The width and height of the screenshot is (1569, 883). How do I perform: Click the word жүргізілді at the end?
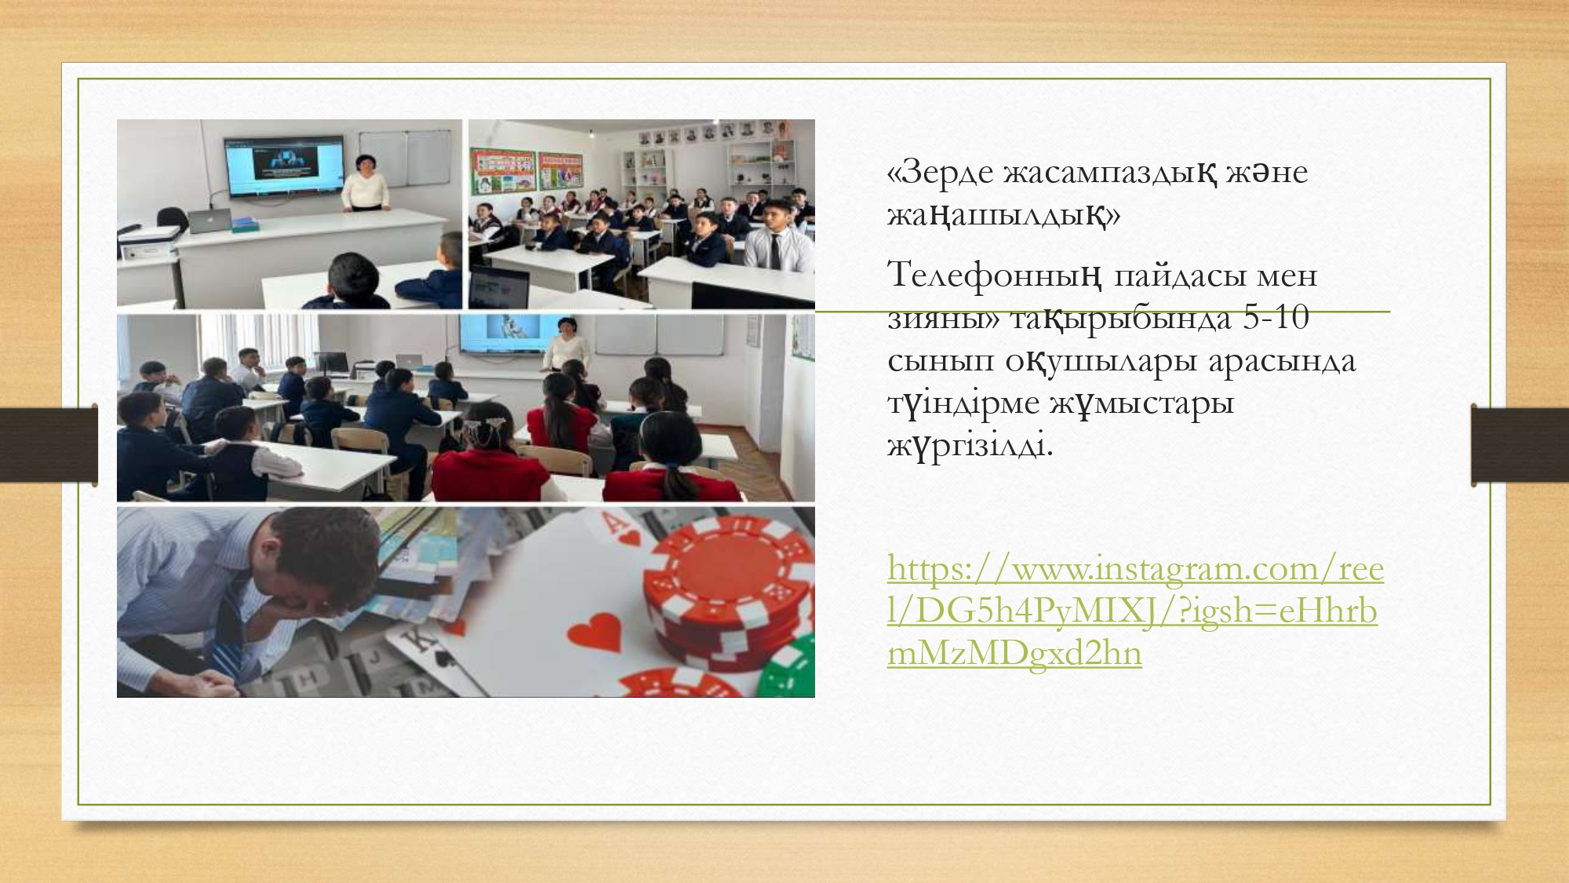[970, 446]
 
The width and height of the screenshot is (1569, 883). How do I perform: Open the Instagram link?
[1135, 610]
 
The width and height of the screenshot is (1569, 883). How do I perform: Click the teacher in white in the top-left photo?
[366, 184]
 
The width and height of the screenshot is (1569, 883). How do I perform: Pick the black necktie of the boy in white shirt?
[774, 252]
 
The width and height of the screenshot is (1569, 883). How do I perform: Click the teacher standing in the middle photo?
[562, 342]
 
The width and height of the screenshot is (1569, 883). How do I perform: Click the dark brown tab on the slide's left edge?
[49, 445]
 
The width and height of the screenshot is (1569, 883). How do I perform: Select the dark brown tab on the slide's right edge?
[1520, 445]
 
